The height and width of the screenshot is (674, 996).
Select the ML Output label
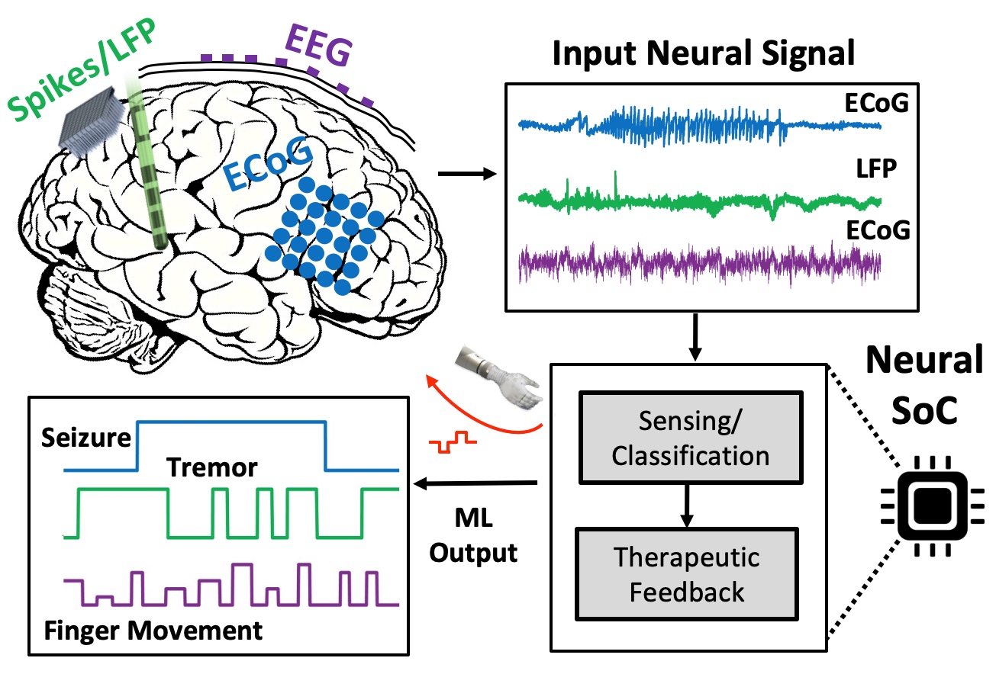pos(473,537)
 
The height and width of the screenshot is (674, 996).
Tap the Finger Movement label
pos(153,631)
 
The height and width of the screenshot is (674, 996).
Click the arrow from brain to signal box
pos(466,174)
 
